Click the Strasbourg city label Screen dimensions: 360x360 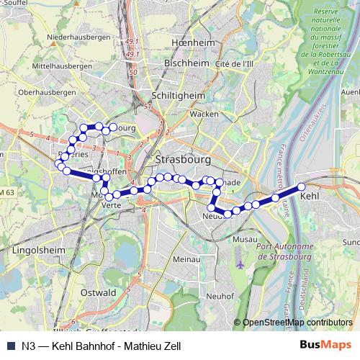181,158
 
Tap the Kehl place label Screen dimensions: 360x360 309,195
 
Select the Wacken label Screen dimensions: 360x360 204,114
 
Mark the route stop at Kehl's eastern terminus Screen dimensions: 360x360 302,187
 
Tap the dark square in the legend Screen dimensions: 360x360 9,345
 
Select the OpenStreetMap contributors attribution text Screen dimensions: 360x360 297,322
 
